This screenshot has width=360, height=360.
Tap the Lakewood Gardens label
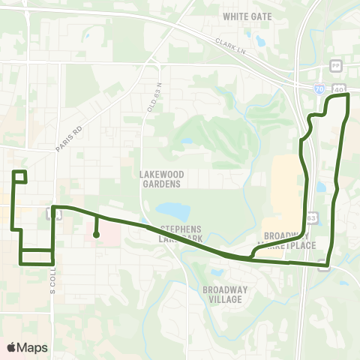[161, 178]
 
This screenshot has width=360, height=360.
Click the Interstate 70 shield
[319, 88]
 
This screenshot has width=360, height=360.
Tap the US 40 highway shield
[339, 88]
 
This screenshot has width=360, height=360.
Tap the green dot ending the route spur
[96, 235]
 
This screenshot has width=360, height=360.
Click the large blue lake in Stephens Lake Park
[172, 211]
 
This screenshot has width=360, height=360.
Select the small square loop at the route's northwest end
[20, 177]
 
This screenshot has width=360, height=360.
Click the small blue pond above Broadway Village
[217, 272]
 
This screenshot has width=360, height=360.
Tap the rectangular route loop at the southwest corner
[36, 256]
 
